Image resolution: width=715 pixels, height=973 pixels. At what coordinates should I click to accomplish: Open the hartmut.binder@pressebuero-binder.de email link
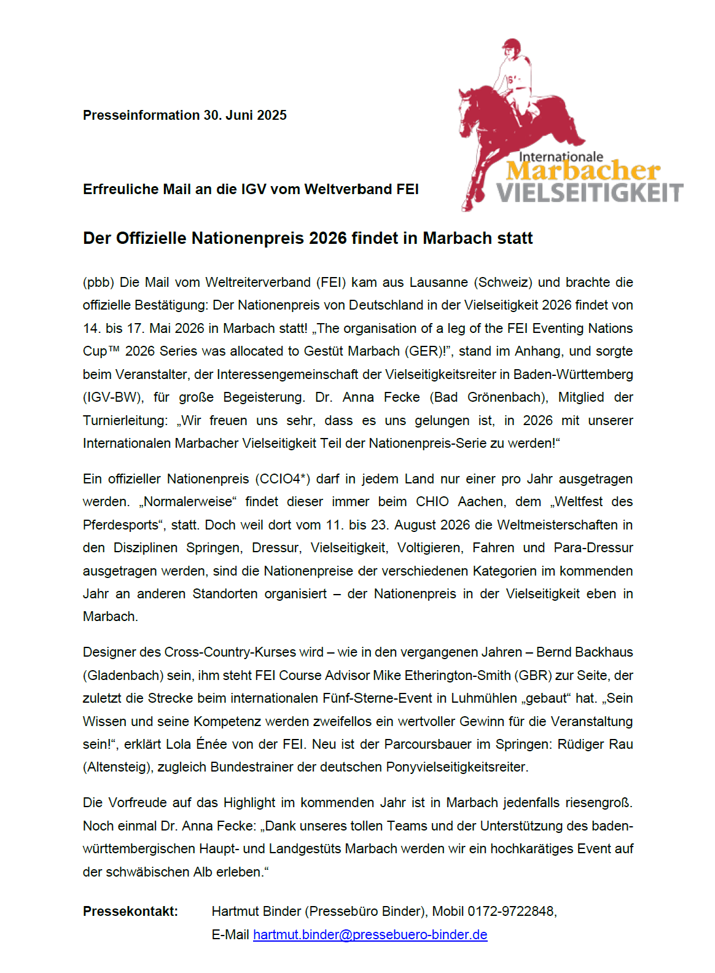(370, 935)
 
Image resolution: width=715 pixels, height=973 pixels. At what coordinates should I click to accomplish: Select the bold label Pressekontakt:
(130, 912)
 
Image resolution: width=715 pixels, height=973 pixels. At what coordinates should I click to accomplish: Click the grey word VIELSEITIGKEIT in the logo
(590, 193)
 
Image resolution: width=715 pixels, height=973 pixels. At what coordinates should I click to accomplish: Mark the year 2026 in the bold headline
(328, 238)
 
